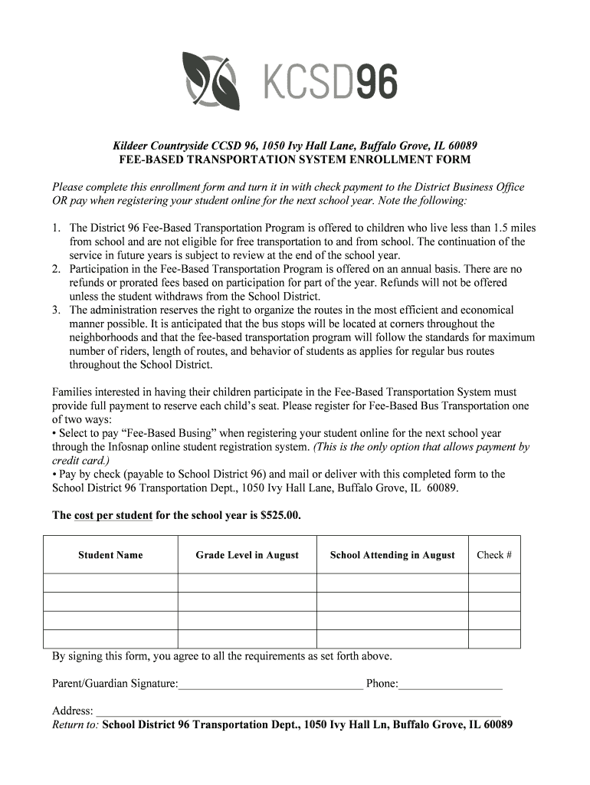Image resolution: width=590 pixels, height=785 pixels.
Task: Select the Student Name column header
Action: point(110,555)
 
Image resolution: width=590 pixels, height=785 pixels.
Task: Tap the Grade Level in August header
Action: point(247,555)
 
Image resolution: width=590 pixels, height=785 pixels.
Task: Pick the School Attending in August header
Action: point(392,555)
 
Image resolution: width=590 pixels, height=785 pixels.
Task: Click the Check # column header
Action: point(494,555)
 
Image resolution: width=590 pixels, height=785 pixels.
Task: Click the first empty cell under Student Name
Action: point(110,583)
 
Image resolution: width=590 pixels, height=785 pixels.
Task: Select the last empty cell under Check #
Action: point(494,639)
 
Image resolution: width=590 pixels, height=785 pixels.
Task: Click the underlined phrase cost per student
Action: point(113,515)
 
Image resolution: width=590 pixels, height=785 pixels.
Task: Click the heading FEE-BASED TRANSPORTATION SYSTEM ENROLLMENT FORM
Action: point(295,159)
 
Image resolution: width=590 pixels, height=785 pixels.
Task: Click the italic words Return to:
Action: point(75,724)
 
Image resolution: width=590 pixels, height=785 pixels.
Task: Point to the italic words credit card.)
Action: point(80,461)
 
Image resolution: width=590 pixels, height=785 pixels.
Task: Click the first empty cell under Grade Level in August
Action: point(247,583)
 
